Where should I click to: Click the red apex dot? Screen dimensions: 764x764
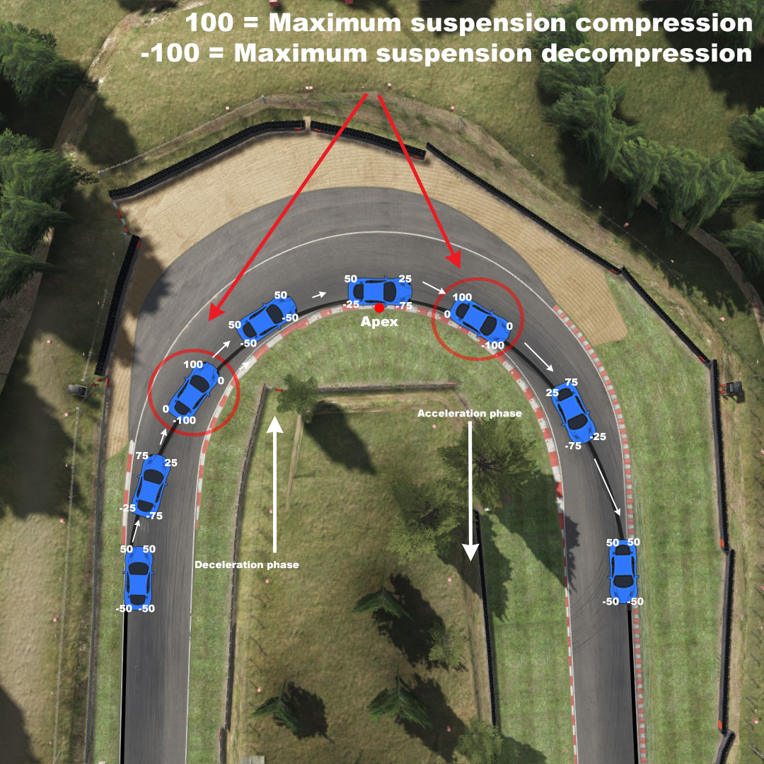[x=379, y=308]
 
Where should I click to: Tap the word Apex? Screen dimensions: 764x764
[x=381, y=322]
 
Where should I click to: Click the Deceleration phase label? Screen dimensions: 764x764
[x=247, y=565]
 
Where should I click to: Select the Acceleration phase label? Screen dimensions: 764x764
[x=469, y=413]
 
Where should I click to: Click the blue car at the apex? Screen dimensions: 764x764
[x=379, y=289]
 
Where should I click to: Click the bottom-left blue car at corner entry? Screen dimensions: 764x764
[x=138, y=577]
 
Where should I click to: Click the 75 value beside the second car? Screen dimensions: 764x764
[x=141, y=456]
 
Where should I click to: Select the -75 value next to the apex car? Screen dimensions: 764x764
[x=404, y=306]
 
